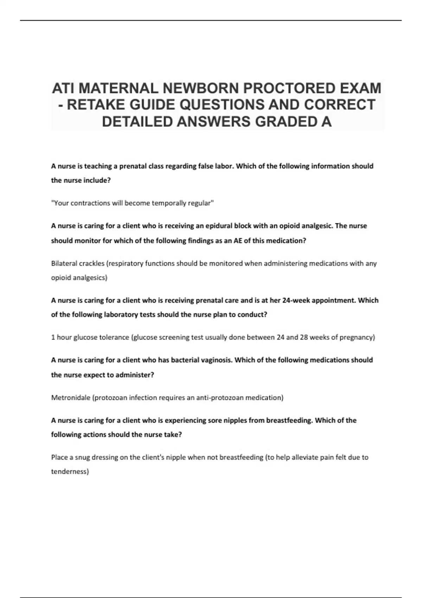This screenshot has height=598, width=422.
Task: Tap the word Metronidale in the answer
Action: click(x=70, y=397)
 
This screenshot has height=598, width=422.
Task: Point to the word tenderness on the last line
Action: click(x=70, y=471)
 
